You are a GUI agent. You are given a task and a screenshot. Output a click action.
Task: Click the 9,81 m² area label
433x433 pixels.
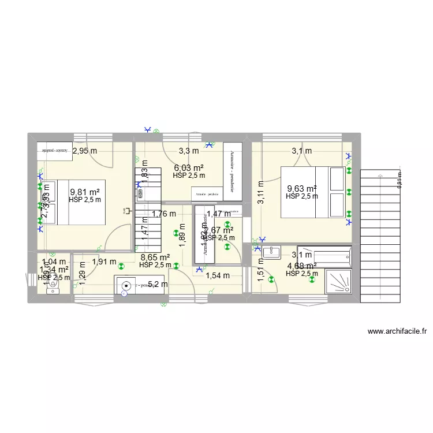pos(85,192)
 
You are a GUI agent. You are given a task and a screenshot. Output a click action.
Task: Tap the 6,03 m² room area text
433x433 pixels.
pos(189,168)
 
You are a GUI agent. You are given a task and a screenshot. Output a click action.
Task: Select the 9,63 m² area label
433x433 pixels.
pos(302,188)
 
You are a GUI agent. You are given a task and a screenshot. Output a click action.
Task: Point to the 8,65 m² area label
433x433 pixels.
pos(155,257)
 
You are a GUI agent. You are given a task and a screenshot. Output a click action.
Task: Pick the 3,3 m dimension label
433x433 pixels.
pos(188,151)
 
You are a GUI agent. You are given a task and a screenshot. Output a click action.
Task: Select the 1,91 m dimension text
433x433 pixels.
pos(104,262)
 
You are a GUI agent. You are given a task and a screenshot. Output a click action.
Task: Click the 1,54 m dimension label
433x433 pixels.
pos(218,276)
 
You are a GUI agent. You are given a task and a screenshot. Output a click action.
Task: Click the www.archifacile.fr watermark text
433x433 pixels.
pos(397,331)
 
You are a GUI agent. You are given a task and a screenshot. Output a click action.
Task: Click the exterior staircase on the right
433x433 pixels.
pos(380,237)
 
